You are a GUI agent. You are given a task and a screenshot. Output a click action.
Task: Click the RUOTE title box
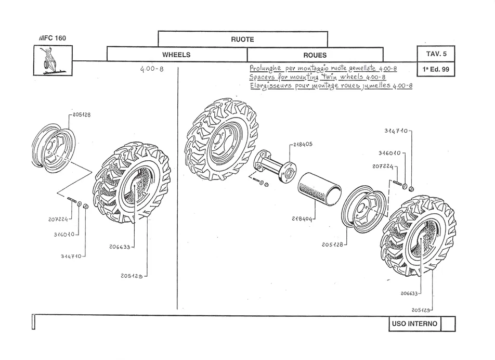242,39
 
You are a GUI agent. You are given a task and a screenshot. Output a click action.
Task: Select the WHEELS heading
176,55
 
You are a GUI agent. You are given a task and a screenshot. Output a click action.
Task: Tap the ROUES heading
315,55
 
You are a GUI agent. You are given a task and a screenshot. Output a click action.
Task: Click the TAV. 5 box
436,54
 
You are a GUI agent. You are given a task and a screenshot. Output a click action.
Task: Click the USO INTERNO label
414,324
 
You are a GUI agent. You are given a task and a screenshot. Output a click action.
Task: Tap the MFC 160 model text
52,38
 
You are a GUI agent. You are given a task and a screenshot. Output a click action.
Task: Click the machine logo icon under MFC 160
53,60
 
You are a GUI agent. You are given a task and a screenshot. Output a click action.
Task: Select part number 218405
303,145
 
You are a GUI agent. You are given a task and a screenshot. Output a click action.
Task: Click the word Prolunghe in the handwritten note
266,68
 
